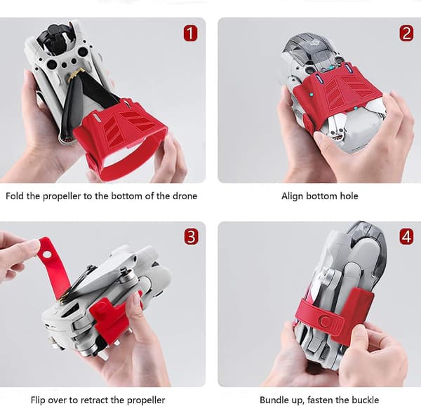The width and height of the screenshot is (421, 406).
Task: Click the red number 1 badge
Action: click(190, 33)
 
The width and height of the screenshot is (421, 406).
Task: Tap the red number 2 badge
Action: click(406, 33)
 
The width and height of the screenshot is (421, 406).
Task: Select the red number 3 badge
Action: click(191, 237)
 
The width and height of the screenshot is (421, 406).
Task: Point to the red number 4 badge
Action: click(406, 237)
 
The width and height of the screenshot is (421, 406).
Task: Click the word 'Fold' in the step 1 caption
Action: click(15, 196)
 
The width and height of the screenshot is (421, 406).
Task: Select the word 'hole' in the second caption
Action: click(349, 196)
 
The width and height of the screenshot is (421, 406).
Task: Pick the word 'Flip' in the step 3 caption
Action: click(39, 400)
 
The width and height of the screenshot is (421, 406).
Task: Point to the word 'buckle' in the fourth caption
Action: click(366, 400)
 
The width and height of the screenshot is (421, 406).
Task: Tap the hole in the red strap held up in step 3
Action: click(47, 254)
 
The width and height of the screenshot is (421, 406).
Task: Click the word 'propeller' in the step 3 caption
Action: click(146, 400)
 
